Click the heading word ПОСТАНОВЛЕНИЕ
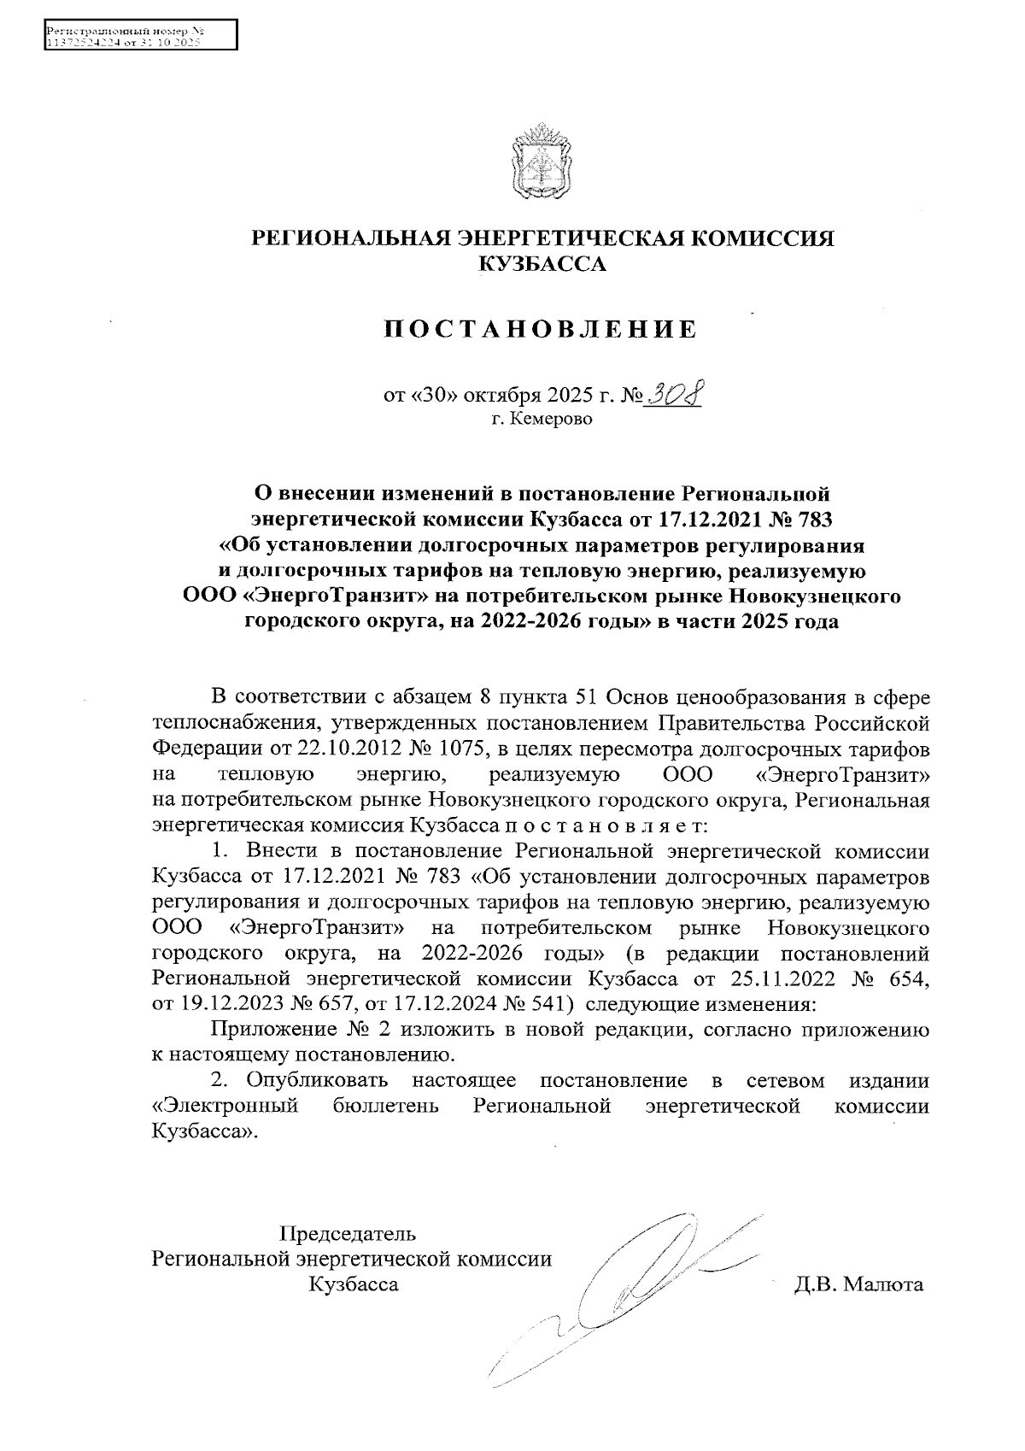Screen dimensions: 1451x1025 tap(540, 329)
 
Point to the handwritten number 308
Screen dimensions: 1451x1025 tap(676, 395)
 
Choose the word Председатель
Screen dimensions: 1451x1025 tap(349, 1234)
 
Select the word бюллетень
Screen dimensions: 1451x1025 tap(384, 1106)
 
